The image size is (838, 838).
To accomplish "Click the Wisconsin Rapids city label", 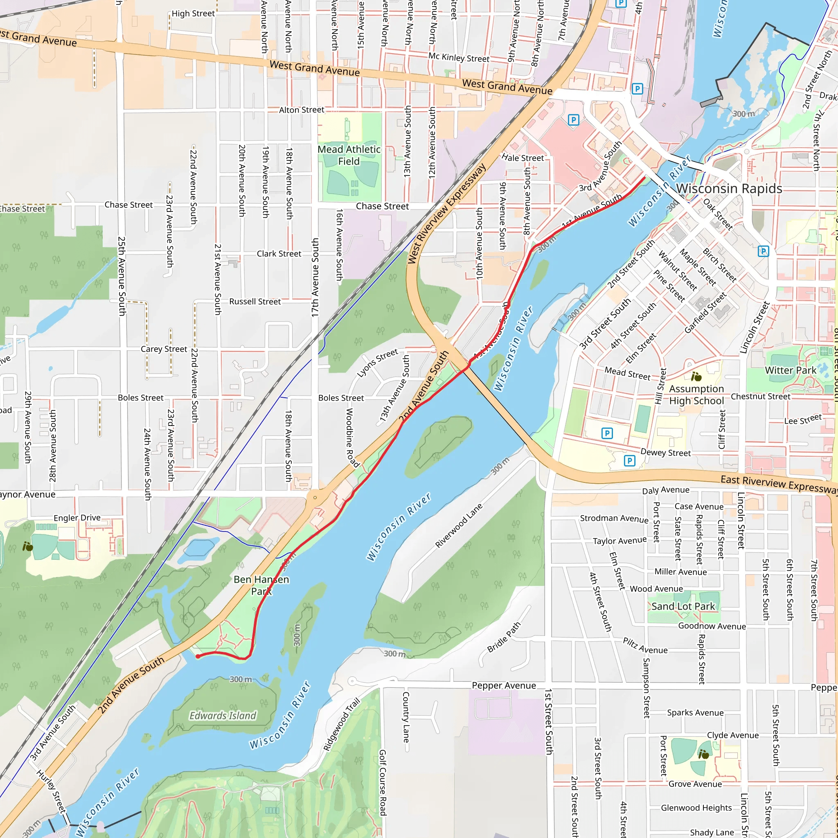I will point(729,189).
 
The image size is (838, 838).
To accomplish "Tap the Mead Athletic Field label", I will point(349,155).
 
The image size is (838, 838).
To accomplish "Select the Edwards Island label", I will point(223,715).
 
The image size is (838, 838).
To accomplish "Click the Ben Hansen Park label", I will point(261,585).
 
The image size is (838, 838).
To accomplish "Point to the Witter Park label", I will point(790,370).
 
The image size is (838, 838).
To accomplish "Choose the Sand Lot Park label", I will point(683,606).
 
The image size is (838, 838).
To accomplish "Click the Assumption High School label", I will point(696,395).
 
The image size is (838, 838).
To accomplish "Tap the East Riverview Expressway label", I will point(779,484).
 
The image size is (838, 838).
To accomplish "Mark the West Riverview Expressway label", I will point(447,214).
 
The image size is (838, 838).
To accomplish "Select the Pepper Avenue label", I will point(504,685).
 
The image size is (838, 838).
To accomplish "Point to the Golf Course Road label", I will point(383,783).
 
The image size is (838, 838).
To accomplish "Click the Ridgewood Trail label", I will point(342,724).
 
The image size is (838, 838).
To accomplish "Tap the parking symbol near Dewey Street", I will point(629,461).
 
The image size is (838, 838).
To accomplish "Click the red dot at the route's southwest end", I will point(198,656).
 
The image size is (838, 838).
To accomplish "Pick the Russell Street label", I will point(255,302).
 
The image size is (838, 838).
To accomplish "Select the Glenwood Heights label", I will point(696,808).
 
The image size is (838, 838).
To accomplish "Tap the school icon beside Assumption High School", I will point(696,376).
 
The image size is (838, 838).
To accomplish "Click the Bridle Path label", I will point(504,637).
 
